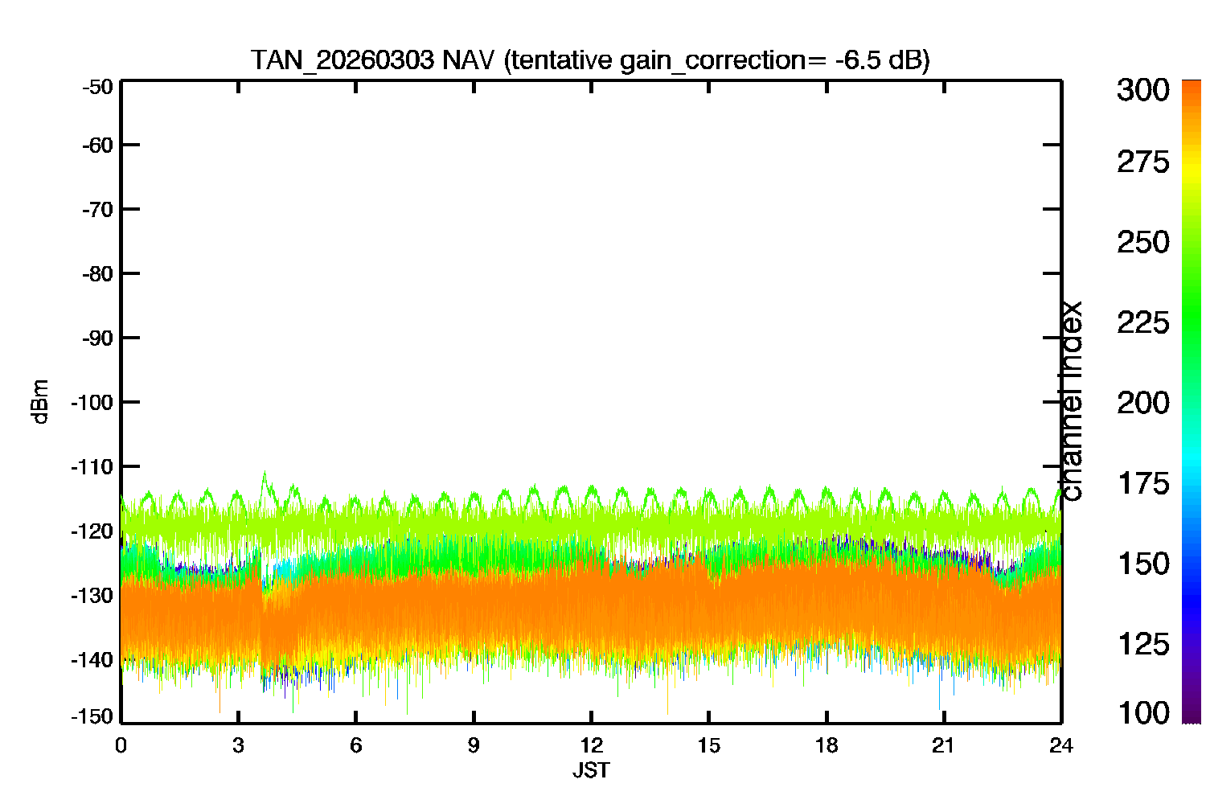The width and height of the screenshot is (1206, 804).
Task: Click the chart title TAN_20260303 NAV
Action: (372, 59)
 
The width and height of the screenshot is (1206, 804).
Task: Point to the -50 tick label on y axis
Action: (98, 87)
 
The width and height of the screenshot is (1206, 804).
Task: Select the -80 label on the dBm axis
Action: (98, 274)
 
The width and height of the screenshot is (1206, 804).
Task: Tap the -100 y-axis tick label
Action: (92, 402)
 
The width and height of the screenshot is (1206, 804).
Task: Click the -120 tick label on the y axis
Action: (92, 531)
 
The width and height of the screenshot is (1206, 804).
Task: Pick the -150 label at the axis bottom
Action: (92, 716)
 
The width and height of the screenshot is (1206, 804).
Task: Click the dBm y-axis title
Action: (40, 402)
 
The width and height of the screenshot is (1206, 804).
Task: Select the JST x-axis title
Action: (591, 770)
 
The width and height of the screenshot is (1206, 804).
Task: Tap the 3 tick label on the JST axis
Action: (239, 745)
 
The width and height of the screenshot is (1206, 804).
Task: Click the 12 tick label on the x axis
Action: (591, 745)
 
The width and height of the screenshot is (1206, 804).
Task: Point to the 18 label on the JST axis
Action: (827, 745)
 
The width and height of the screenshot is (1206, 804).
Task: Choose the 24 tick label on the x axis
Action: (1061, 745)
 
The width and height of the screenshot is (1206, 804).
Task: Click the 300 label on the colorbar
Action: (1143, 90)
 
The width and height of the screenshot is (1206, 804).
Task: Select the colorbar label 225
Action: (1143, 323)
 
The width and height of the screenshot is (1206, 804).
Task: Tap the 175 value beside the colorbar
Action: (1143, 483)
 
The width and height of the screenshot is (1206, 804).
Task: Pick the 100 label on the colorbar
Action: (1143, 712)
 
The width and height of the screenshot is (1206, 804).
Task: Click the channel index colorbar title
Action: (1070, 401)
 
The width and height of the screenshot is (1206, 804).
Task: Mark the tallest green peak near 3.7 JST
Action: (265, 472)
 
